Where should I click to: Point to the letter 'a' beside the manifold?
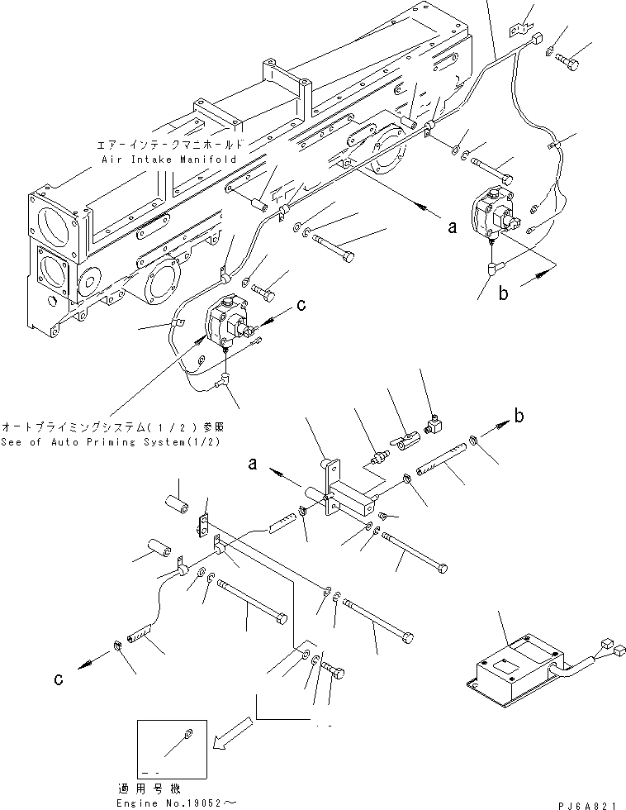pyautogui.click(x=452, y=229)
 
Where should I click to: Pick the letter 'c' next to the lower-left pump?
pyautogui.click(x=301, y=305)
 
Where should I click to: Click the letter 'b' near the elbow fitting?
pyautogui.click(x=518, y=417)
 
